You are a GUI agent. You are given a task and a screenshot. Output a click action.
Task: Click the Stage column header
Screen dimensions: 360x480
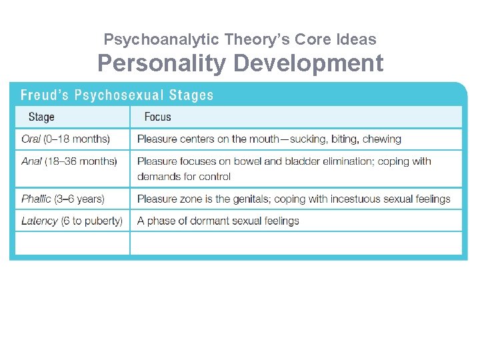click(x=41, y=117)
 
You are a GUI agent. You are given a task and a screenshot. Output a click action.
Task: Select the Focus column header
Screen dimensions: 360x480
click(x=157, y=117)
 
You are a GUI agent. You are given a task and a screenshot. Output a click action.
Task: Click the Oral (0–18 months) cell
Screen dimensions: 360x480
click(x=65, y=139)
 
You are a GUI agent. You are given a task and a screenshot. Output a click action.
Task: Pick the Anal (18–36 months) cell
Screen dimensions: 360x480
click(x=69, y=161)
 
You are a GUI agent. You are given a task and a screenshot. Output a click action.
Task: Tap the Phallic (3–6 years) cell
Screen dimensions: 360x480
click(x=63, y=199)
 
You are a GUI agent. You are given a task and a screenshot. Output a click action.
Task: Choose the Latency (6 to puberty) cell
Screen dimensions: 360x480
click(x=72, y=221)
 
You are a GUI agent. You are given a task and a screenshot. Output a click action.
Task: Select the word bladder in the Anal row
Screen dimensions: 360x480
click(x=283, y=161)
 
